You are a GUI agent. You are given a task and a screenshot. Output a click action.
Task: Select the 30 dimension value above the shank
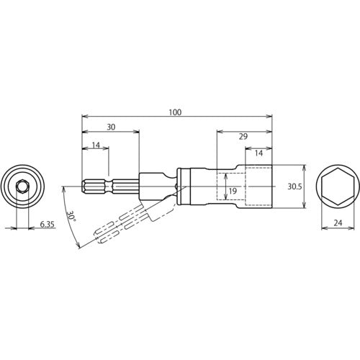(110, 127)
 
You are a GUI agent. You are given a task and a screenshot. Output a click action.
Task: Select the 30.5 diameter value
(294, 186)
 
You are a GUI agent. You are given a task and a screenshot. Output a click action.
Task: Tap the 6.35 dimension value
(48, 225)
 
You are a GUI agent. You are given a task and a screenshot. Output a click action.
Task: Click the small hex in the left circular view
(22, 187)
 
